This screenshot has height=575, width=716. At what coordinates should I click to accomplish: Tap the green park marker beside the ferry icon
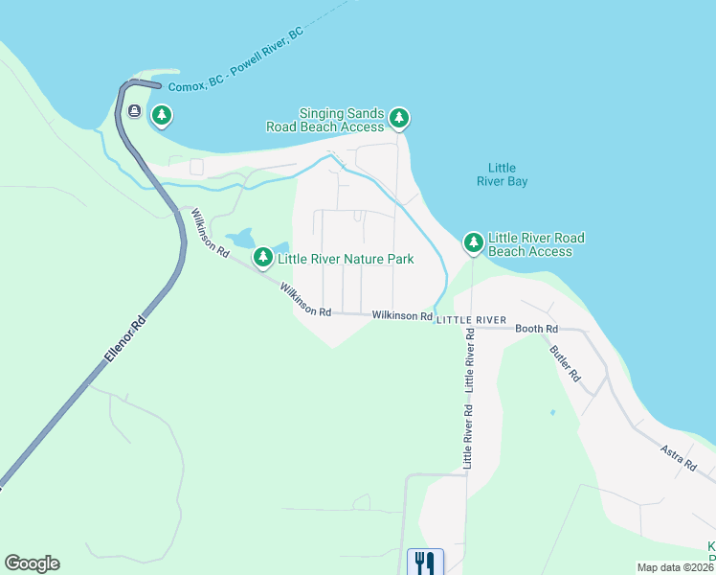[x=162, y=115]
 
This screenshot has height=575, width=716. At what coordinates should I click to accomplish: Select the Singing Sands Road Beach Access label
[x=325, y=120]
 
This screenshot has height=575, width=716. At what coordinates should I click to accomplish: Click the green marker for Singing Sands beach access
[x=399, y=119]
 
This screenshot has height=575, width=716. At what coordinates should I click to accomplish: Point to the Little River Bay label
[x=502, y=173]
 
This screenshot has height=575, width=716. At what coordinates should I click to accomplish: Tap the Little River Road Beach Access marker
[x=473, y=243]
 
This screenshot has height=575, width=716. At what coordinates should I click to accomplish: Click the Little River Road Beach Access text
[x=536, y=244]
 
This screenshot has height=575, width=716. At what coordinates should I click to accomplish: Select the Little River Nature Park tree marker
[x=262, y=257]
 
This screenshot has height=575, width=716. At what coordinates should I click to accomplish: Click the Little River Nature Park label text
[x=346, y=259]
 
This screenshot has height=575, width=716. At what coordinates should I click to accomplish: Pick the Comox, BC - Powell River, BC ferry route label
[x=235, y=59]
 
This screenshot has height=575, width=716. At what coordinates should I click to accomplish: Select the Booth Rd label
[x=536, y=329]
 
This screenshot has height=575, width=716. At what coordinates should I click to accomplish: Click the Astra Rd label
[x=678, y=458]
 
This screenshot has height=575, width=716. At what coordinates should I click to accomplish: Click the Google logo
[x=32, y=563]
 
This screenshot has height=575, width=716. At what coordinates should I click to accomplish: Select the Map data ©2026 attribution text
[x=675, y=567]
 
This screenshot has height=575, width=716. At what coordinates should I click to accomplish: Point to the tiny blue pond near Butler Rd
[x=552, y=413]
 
